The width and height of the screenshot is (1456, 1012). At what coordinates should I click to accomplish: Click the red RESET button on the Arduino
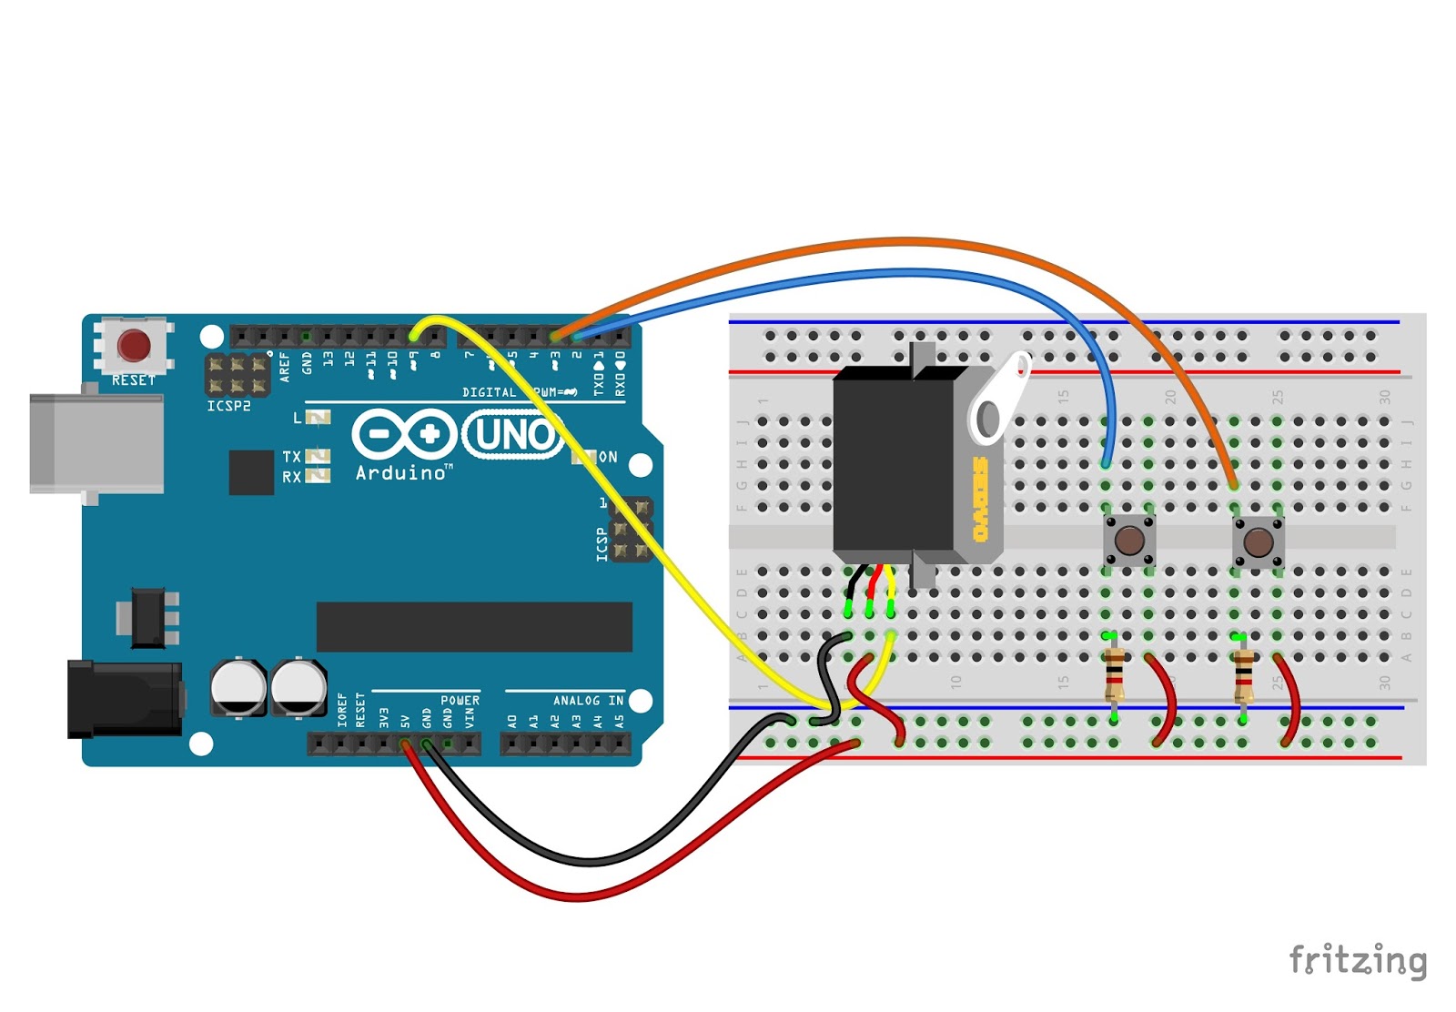click(134, 346)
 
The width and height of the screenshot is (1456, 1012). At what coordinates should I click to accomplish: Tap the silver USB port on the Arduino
click(96, 443)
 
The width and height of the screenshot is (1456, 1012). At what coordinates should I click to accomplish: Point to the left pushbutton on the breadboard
click(1129, 541)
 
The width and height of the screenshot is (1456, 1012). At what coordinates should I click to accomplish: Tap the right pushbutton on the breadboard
click(1259, 543)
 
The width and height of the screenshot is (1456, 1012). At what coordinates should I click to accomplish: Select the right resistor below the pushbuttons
click(1243, 676)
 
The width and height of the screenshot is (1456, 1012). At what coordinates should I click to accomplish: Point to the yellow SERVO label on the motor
click(980, 500)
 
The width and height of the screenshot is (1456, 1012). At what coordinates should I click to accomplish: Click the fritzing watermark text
click(1358, 960)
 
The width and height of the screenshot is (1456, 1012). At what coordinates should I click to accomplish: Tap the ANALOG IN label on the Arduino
click(588, 701)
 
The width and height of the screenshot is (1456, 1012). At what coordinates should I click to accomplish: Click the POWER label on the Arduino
click(460, 701)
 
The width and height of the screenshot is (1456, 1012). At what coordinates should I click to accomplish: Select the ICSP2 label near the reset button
click(228, 406)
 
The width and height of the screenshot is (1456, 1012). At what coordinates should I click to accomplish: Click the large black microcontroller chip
click(473, 627)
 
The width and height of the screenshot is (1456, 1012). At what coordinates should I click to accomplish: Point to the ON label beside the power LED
click(608, 458)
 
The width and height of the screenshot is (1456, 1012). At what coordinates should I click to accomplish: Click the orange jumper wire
click(910, 242)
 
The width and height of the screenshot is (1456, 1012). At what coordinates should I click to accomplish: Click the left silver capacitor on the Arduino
click(238, 687)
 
